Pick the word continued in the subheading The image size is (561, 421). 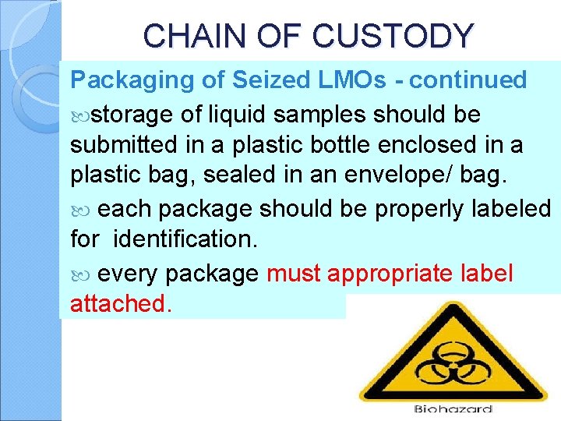(468, 80)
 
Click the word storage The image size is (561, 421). (132, 115)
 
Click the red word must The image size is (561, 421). (295, 274)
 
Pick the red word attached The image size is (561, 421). (120, 304)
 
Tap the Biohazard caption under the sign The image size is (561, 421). (453, 409)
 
